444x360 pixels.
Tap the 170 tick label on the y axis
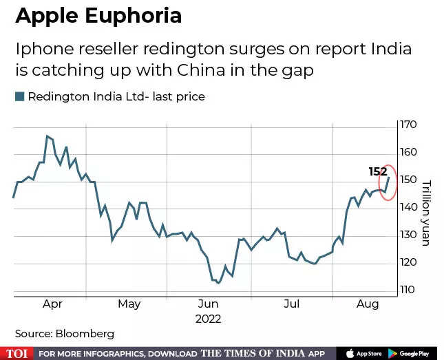(409, 125)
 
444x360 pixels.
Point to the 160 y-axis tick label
(409, 152)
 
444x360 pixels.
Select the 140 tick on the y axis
(409, 207)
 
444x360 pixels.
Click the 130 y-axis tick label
(409, 235)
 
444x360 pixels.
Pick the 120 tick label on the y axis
(409, 262)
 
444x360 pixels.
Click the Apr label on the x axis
(52, 304)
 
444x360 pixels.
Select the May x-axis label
(129, 304)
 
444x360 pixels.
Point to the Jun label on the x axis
(208, 304)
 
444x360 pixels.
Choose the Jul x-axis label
(292, 304)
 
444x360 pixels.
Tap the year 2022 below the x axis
(209, 319)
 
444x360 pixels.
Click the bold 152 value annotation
(377, 172)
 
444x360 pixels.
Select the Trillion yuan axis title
(426, 213)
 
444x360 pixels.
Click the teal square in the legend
(19, 96)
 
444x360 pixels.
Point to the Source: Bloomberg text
(65, 334)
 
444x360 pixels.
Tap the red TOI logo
(17, 353)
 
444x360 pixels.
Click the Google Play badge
(412, 353)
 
